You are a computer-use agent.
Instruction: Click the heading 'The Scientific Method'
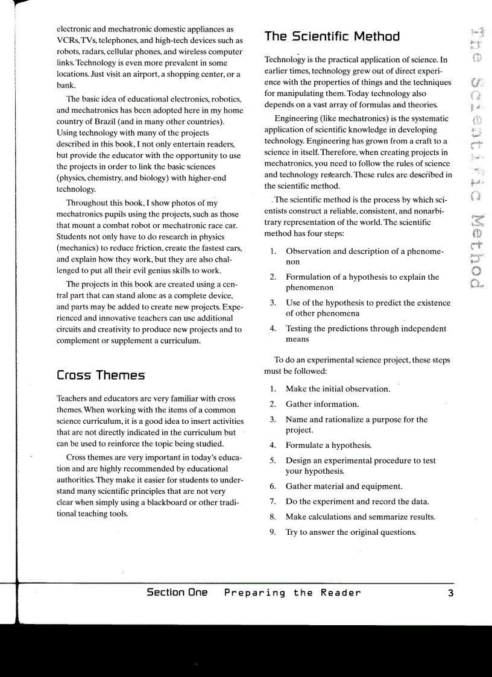tap(332, 36)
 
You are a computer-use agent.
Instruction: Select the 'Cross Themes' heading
tap(101, 376)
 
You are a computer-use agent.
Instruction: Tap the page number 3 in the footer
tap(450, 593)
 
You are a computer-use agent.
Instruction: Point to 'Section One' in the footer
tap(177, 593)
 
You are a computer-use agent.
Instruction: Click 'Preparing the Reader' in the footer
tap(292, 593)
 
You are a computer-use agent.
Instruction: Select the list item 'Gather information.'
tap(322, 404)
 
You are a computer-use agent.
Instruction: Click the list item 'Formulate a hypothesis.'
tap(329, 446)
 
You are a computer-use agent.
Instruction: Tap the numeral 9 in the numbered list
tap(273, 532)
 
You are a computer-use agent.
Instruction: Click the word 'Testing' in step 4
tap(300, 329)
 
